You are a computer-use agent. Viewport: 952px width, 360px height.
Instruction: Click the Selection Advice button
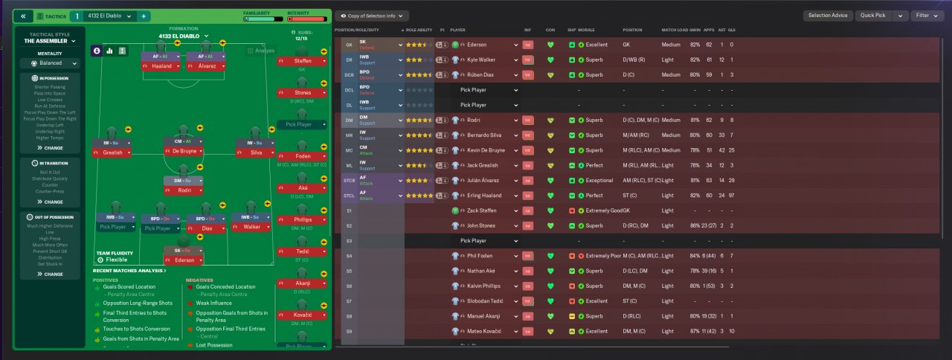[x=827, y=16]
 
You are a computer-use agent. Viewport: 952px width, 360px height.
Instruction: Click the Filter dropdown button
[x=926, y=16]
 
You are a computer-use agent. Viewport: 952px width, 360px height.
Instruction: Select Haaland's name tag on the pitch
[x=161, y=66]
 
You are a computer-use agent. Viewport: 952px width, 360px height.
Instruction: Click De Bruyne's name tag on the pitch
[x=183, y=152]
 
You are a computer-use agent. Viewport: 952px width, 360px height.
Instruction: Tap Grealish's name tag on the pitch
[x=112, y=152]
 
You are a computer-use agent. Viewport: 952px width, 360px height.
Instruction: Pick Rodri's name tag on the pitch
[x=183, y=190]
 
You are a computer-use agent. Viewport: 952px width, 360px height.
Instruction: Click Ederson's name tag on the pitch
[x=183, y=260]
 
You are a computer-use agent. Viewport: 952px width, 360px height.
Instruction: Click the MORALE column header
[x=586, y=30]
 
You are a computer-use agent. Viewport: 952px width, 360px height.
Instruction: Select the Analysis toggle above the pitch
[x=260, y=51]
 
